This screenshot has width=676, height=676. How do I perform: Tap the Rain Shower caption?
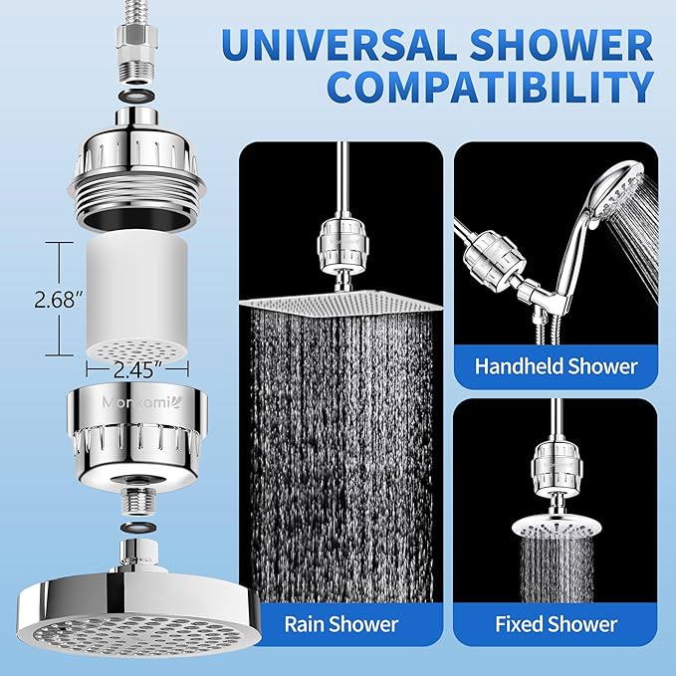point(341,625)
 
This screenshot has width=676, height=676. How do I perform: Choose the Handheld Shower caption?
point(556,365)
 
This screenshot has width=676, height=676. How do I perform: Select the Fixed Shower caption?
point(556,625)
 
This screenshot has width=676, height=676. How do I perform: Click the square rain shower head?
point(340,302)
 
